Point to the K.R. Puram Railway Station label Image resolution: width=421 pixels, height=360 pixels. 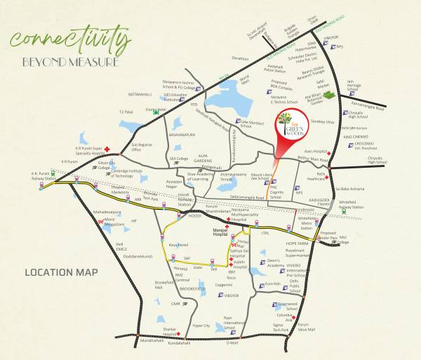41,175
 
